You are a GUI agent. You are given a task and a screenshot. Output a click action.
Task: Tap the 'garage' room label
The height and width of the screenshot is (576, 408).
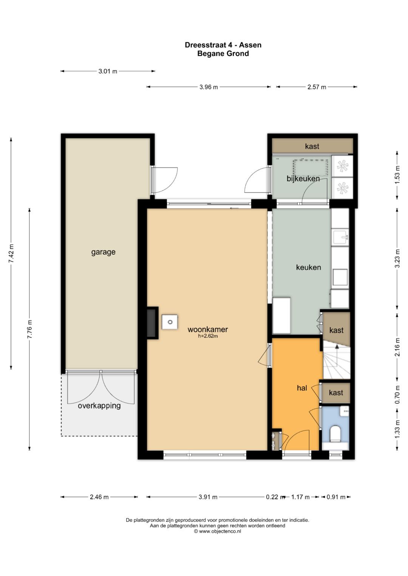[103, 252]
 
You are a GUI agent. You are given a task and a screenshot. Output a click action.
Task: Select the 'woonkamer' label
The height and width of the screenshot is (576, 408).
[208, 329]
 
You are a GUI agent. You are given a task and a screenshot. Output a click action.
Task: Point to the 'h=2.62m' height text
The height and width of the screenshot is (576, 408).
[208, 336]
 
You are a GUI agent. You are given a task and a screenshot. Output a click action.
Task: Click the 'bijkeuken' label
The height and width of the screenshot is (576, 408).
[303, 178]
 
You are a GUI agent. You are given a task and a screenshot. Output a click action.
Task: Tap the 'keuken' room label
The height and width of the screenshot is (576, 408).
[308, 267]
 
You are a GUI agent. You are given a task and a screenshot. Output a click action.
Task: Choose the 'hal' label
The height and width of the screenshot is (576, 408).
[302, 388]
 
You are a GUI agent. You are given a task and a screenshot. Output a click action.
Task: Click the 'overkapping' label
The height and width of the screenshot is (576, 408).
[99, 406]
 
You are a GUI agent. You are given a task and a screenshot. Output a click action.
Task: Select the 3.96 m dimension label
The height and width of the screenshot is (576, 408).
[209, 87]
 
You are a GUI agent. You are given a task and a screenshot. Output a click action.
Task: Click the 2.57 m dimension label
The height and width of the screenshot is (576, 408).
[317, 87]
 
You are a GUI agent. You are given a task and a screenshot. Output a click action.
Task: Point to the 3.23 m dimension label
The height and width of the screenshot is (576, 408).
[397, 258]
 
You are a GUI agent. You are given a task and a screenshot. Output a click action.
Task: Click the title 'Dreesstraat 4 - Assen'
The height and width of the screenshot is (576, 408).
[223, 45]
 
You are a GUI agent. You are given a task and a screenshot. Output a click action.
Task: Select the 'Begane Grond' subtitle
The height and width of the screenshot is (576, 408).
[223, 54]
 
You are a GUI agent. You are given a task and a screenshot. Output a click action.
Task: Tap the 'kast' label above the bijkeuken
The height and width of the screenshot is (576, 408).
[312, 146]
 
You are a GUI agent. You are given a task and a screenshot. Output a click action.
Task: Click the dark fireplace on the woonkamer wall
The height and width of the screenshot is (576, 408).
[151, 323]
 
